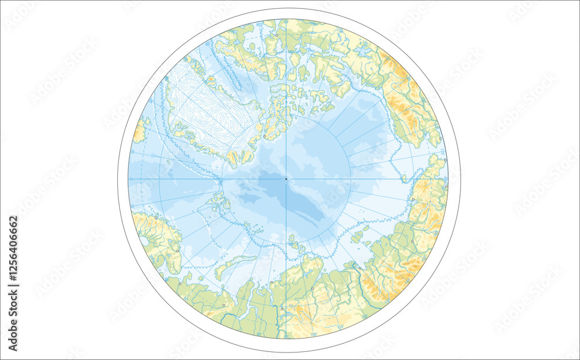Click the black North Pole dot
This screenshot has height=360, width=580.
(286, 179)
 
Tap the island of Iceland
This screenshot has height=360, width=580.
(140, 129)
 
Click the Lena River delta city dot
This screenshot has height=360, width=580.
(360, 268)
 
